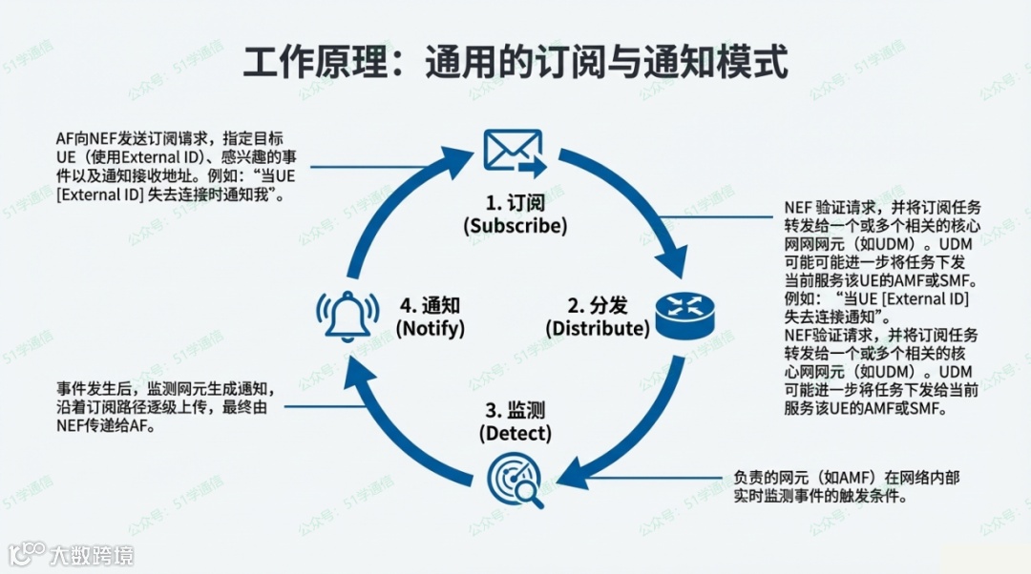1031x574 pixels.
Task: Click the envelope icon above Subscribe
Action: [514, 152]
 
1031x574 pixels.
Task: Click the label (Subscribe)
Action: [515, 226]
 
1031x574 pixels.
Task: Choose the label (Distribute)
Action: [597, 328]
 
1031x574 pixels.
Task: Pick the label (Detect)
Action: [515, 433]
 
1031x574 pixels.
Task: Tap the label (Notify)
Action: [431, 328]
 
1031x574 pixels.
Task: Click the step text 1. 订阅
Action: [515, 202]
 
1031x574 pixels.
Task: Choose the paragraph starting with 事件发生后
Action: [168, 408]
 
